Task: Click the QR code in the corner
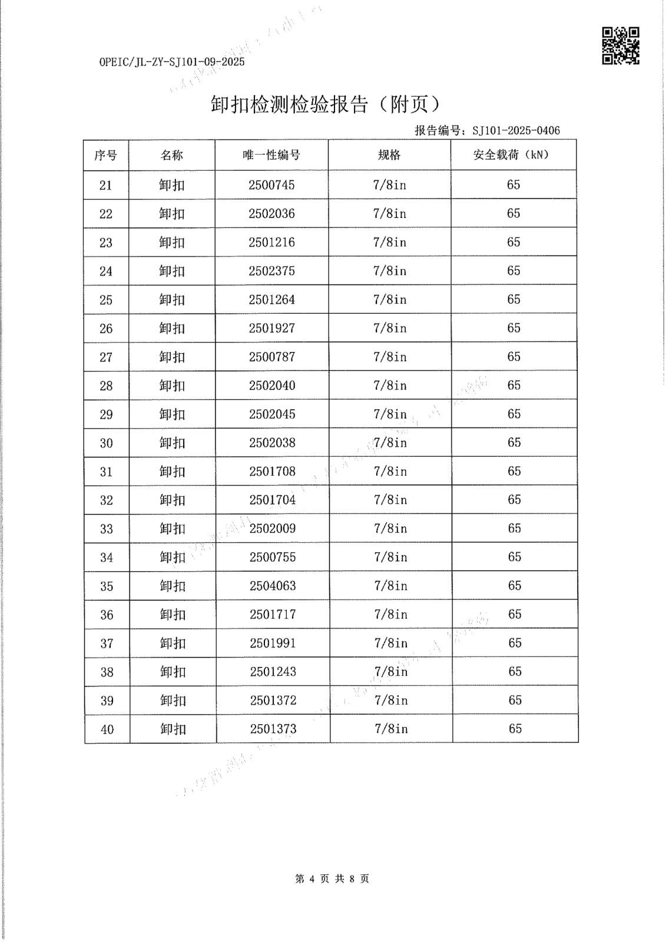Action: pyautogui.click(x=620, y=45)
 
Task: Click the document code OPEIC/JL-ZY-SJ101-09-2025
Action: pyautogui.click(x=172, y=62)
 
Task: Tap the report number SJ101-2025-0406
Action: pyautogui.click(x=516, y=131)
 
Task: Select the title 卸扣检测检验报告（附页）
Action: pyautogui.click(x=326, y=104)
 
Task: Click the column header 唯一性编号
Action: pyautogui.click(x=271, y=155)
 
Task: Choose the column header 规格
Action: pyautogui.click(x=389, y=155)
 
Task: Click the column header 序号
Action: pyautogui.click(x=106, y=155)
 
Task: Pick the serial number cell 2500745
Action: pyautogui.click(x=271, y=185)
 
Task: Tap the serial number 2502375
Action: pyautogui.click(x=271, y=271)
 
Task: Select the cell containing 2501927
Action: pyautogui.click(x=271, y=328)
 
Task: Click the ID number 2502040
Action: pyautogui.click(x=272, y=386)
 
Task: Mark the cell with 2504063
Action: pyautogui.click(x=273, y=586)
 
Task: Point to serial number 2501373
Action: pyautogui.click(x=273, y=729)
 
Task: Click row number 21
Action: pyautogui.click(x=105, y=185)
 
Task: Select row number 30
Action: pyautogui.click(x=106, y=443)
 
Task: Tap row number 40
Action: pyautogui.click(x=107, y=729)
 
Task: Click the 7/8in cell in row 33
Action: pyautogui.click(x=390, y=529)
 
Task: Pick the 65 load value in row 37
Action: pyautogui.click(x=515, y=643)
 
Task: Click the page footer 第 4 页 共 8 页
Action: pyautogui.click(x=332, y=879)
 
